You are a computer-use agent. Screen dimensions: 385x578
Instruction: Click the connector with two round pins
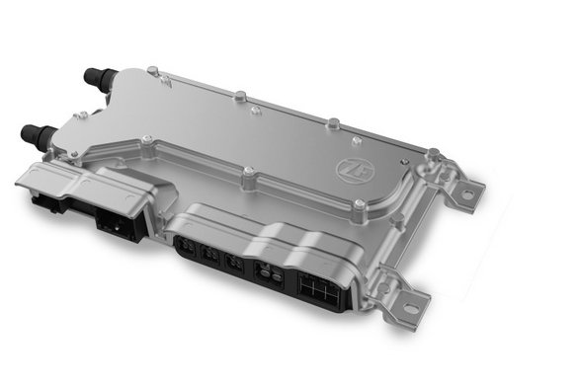pyautogui.click(x=268, y=274)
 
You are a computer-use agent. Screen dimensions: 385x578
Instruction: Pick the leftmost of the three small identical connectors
pyautogui.click(x=184, y=246)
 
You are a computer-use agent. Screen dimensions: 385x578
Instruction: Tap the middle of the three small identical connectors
pyautogui.click(x=209, y=255)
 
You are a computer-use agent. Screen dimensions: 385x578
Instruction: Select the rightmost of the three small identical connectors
pyautogui.click(x=233, y=263)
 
